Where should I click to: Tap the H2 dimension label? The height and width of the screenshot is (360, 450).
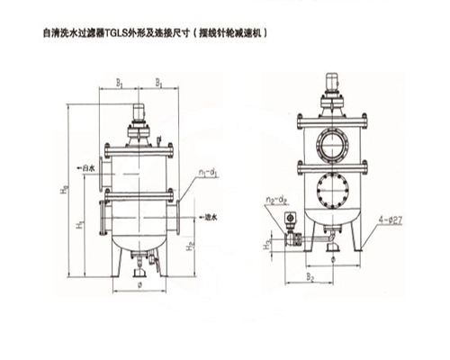tap(190, 243)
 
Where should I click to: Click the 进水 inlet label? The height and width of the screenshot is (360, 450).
tap(212, 216)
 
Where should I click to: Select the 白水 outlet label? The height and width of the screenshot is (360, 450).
tap(87, 167)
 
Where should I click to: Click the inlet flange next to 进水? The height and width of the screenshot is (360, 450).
tap(184, 216)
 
